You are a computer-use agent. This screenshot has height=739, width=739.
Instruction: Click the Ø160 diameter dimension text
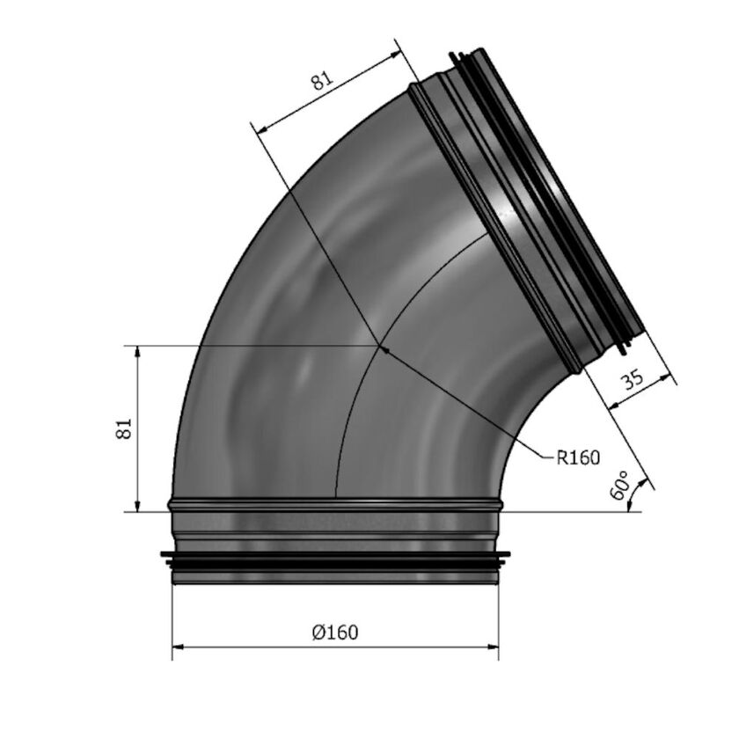click(335, 632)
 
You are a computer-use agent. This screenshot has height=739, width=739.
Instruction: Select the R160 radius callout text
click(578, 457)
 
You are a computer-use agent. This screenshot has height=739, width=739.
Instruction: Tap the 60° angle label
click(619, 485)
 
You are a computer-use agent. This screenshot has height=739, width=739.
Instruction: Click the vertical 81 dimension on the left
click(123, 428)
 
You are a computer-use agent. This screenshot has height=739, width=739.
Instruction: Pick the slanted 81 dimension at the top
click(322, 81)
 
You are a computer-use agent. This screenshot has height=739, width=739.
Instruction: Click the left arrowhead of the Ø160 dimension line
click(177, 647)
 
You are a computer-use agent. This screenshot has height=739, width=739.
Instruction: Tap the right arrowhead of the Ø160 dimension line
click(493, 647)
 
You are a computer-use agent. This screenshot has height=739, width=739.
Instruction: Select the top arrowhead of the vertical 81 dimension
click(137, 352)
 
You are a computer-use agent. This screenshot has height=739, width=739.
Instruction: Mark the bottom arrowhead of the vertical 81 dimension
click(137, 506)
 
